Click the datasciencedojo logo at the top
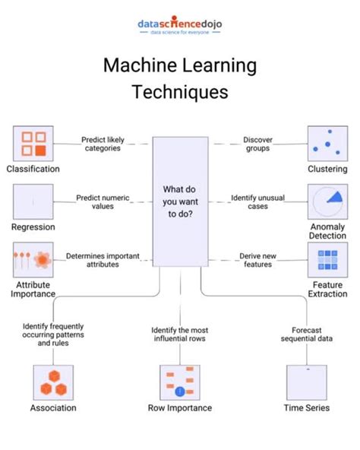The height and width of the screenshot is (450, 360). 180,27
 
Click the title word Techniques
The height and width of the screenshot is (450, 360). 180,93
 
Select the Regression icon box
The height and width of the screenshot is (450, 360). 33,202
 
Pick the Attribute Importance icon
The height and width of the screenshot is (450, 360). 33,261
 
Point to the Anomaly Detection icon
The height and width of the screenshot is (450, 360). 327,202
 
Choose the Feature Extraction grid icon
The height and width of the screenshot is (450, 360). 327,261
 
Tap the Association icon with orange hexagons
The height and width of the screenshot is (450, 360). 53,382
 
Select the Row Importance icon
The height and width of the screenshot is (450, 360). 180,382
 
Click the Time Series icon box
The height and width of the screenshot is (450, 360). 307,382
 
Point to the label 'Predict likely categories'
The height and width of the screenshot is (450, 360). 103,144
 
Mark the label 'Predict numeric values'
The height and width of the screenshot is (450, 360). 103,201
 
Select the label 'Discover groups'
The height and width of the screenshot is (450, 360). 257,144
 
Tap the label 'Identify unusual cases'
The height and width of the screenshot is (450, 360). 257,201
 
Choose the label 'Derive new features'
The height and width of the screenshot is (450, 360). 257,260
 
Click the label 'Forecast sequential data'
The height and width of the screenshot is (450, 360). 307,334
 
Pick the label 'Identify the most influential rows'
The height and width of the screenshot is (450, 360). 180,334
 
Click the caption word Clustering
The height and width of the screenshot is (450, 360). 327,169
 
